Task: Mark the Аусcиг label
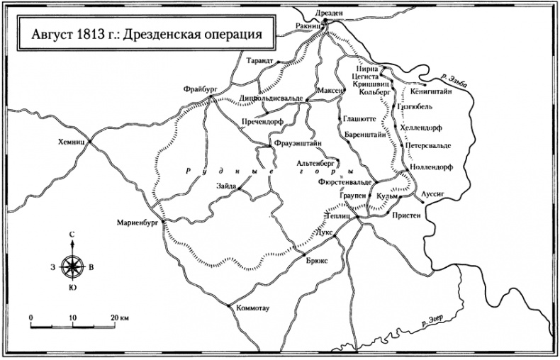[434, 192]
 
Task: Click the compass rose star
[73, 267]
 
